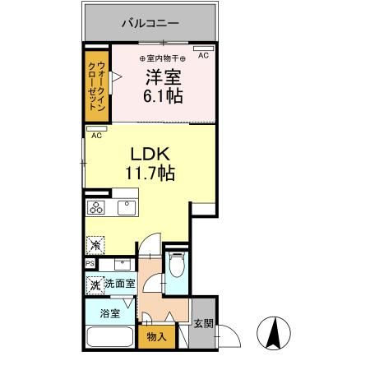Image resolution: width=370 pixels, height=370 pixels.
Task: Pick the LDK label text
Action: (150, 154)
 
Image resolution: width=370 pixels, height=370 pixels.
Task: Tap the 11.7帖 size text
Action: (150, 173)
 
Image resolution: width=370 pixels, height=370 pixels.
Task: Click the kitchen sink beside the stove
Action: (126, 207)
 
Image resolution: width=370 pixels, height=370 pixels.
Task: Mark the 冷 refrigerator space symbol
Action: (95, 245)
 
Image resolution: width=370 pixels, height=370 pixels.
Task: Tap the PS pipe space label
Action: (89, 263)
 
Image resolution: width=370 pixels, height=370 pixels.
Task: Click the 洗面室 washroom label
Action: (119, 284)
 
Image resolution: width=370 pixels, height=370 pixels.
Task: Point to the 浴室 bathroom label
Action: (110, 312)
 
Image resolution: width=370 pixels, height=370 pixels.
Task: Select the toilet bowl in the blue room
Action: (175, 266)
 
